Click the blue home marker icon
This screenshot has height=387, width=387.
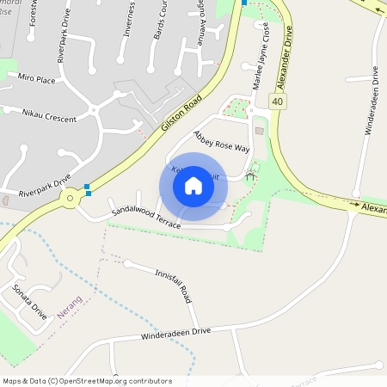click(x=193, y=186)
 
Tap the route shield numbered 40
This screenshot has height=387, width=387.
click(x=277, y=101)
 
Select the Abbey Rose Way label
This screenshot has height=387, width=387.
click(x=221, y=142)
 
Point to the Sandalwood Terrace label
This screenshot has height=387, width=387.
click(x=145, y=218)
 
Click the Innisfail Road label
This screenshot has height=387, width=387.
click(x=172, y=283)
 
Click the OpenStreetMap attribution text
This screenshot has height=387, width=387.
click(x=87, y=381)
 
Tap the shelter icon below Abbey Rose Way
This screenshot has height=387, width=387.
click(x=250, y=175)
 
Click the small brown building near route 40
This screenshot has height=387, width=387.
click(x=260, y=131)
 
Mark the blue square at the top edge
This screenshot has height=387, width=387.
click(x=244, y=3)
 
